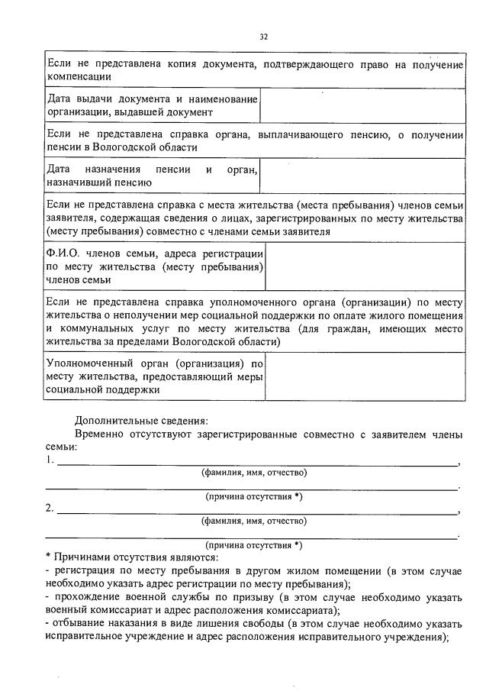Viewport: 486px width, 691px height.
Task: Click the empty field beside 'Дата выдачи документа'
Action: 362,105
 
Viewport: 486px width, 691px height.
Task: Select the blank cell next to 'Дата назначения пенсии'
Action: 362,176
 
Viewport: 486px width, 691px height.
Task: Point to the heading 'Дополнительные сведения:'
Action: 141,420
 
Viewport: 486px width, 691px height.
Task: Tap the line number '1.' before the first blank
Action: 50,460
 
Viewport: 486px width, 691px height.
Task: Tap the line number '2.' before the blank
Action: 50,509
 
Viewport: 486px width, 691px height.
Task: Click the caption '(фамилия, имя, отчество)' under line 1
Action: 254,473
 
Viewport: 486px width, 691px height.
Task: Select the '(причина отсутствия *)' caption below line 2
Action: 254,545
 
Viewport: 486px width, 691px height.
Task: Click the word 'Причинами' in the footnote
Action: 82,557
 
